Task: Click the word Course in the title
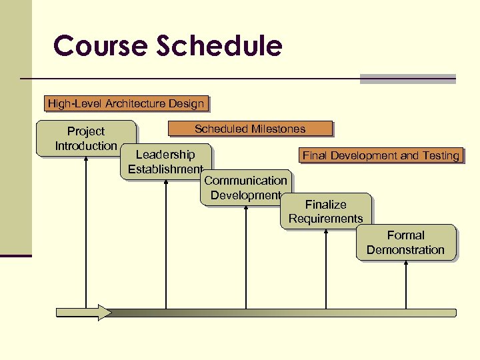(100, 47)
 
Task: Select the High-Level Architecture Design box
(125, 103)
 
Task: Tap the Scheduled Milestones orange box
(250, 129)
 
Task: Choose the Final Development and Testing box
(381, 155)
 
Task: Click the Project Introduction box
(86, 138)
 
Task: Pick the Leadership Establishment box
(165, 161)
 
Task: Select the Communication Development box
(245, 187)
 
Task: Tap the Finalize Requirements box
(325, 211)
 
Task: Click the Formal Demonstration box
(405, 242)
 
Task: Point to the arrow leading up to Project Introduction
(86, 233)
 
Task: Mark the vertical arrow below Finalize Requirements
(326, 270)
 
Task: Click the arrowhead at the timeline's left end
(104, 312)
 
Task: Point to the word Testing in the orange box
(441, 155)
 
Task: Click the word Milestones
(277, 129)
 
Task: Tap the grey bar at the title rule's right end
(407, 79)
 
